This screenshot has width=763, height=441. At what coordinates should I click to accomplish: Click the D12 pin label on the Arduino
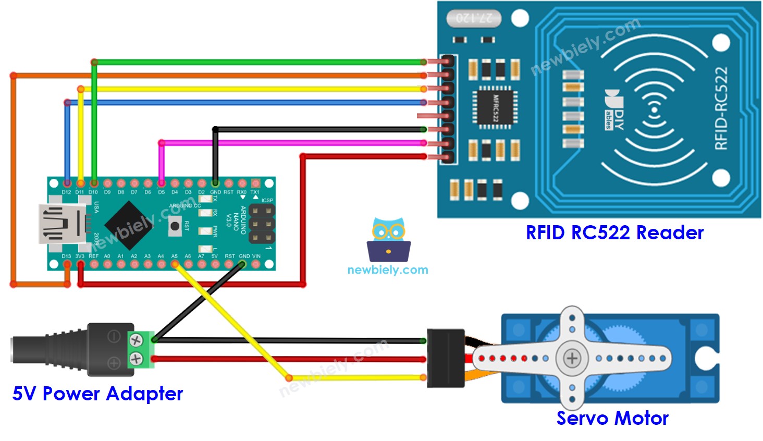point(66,192)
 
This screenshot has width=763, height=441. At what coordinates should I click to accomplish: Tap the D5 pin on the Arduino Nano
point(162,183)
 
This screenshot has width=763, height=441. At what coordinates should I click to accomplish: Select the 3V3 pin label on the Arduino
point(80,256)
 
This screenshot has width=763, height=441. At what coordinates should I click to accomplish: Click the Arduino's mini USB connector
point(61,224)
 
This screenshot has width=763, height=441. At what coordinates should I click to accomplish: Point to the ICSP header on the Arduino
point(262,224)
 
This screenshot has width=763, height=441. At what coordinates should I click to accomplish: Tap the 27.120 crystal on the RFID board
point(474,18)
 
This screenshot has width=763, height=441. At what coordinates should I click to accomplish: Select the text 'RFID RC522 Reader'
point(614,232)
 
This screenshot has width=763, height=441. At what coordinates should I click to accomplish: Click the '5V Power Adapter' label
point(97,394)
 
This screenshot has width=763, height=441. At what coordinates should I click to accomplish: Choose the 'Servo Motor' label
point(612,418)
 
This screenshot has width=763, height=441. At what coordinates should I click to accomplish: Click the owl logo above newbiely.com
point(389,240)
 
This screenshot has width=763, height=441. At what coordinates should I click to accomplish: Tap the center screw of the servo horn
point(572,359)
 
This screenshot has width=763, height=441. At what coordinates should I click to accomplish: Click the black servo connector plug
point(445,358)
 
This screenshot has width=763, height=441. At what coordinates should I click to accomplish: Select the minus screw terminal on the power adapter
point(136,341)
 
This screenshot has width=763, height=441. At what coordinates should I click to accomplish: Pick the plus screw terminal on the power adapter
point(136,359)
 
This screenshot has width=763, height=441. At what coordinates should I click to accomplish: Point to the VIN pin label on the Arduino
point(256,256)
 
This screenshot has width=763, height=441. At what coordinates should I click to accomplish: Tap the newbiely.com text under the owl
point(388,270)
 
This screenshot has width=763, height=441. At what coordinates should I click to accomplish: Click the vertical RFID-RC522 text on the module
point(721,108)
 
